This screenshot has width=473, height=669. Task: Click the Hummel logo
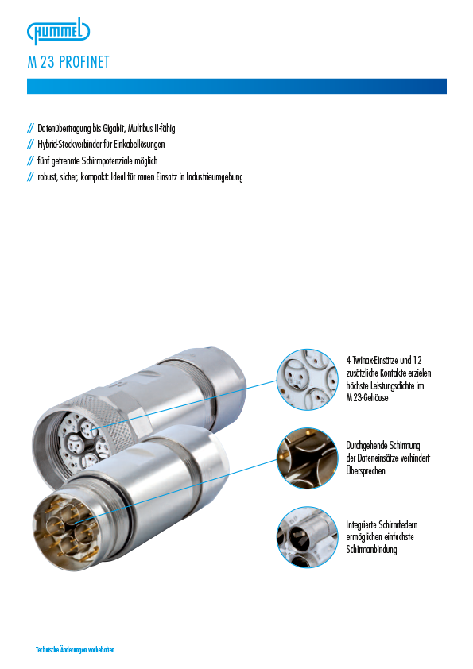(59, 31)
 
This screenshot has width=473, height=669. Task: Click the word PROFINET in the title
(84, 62)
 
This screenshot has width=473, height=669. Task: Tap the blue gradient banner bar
(237, 86)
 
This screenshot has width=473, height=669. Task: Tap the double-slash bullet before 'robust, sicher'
(30, 177)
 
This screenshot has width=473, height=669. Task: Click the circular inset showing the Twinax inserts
(307, 379)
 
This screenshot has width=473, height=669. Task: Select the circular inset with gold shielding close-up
(307, 458)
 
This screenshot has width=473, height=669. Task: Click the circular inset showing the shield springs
(307, 537)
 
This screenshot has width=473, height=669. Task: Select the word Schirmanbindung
(371, 550)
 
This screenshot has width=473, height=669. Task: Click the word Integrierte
(361, 524)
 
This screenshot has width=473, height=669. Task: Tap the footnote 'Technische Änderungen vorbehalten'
(76, 650)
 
